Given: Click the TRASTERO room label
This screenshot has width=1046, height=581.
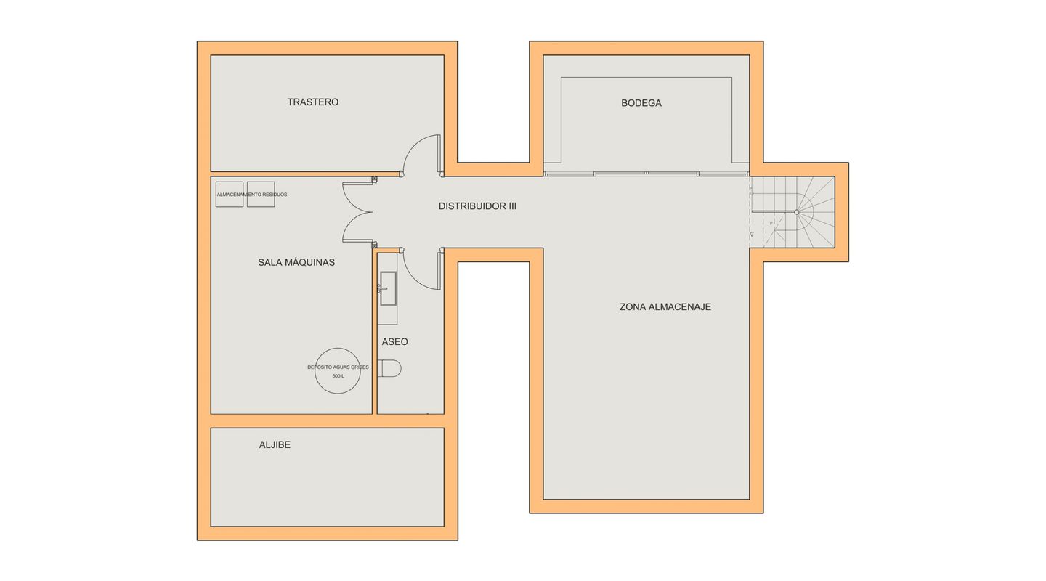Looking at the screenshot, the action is click(x=313, y=102).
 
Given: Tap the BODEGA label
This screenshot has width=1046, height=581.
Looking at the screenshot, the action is click(x=641, y=102).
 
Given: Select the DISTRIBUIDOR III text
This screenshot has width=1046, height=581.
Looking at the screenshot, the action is click(x=477, y=206).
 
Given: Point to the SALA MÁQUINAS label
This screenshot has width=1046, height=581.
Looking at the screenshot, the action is click(x=296, y=262).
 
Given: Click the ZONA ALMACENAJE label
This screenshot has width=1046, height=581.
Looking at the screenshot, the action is click(x=665, y=307).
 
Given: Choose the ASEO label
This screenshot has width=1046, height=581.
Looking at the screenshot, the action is click(x=394, y=342).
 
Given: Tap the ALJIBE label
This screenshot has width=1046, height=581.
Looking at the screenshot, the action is click(x=275, y=444).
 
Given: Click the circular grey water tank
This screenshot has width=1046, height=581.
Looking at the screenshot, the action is click(x=338, y=349).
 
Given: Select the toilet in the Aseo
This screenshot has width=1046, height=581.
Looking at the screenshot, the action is click(x=389, y=368).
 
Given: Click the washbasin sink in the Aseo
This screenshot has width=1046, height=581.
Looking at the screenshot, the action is click(x=388, y=288).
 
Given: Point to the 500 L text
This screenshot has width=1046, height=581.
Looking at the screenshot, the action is click(x=338, y=376).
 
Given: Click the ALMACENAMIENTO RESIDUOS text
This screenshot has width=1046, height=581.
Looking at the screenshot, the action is click(x=251, y=195).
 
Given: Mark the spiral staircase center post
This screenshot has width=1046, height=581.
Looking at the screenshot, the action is click(x=797, y=212).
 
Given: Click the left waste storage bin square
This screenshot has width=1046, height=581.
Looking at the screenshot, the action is click(x=230, y=195).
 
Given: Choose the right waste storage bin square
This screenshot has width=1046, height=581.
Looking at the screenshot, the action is click(x=261, y=195).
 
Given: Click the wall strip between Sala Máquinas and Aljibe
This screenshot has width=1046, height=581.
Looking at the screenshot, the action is click(x=328, y=420).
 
